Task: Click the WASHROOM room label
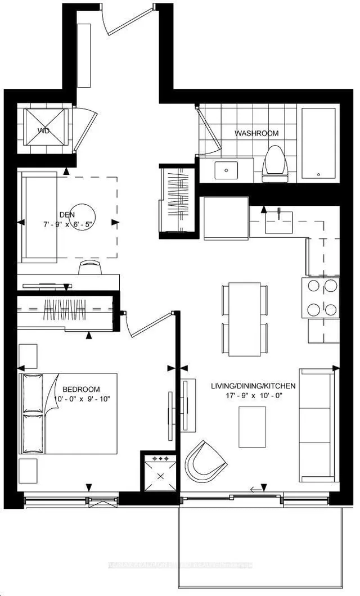pos(256,133)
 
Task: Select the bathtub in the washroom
pos(318,143)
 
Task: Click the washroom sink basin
pos(227,169)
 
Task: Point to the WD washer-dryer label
pos(44,131)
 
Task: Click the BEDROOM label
pos(81,389)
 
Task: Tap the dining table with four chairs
pos(245,319)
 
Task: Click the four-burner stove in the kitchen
pos(322,297)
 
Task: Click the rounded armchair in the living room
pos(203,461)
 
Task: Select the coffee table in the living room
pos(252,426)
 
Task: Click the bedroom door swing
pos(147,325)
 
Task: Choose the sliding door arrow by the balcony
pos(258,488)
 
